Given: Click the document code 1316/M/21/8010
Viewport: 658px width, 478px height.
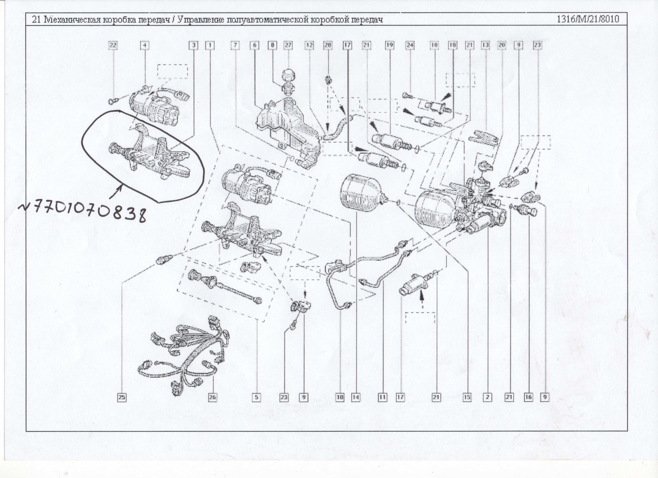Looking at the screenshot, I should pos(588,19).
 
